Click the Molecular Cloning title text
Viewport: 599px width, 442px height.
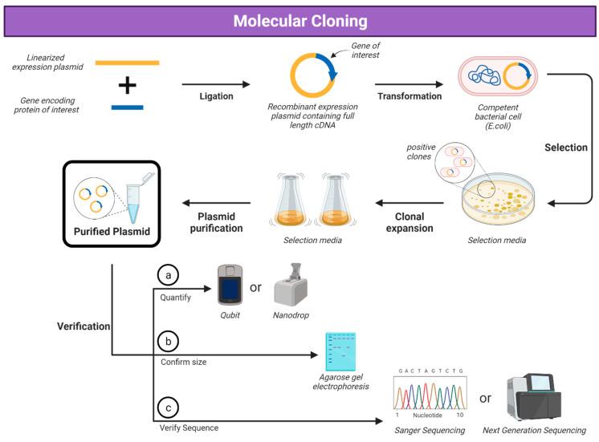coord(300,21)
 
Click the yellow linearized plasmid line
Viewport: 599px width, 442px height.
coord(127,63)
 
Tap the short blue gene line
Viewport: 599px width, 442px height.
coord(127,107)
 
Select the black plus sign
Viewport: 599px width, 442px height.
coord(127,85)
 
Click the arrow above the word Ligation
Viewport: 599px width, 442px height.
coord(216,84)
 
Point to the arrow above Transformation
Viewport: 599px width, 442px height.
coord(410,84)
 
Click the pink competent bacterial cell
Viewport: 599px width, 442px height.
coord(497,76)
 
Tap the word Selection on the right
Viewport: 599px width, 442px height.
coord(566,148)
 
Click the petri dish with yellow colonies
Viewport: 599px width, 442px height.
coord(498,199)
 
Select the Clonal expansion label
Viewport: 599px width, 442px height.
coord(410,222)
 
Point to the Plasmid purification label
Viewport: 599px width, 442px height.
coord(216,222)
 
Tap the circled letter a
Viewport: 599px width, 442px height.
coord(168,275)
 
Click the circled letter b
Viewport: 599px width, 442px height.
coord(168,341)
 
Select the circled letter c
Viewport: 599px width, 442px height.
coord(168,408)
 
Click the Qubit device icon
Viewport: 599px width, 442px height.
coord(230,285)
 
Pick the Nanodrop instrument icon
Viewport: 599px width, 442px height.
coord(291,284)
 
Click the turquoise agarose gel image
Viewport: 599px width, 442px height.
coord(340,351)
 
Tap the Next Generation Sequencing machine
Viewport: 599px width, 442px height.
coord(534,397)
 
